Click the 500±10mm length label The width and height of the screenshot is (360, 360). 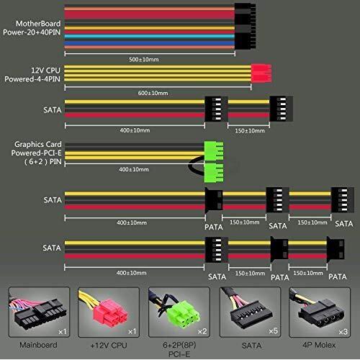144,59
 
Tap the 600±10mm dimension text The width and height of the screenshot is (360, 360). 153,93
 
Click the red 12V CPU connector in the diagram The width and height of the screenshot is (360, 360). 261,73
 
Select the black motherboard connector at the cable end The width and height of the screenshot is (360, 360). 245,26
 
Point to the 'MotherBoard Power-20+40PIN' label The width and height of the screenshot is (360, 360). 32,28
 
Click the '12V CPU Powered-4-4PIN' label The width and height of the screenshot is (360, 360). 32,75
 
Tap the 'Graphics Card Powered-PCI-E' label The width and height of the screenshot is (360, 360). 37,148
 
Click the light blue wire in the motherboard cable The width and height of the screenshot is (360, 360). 149,37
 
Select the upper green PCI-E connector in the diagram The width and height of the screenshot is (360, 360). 214,151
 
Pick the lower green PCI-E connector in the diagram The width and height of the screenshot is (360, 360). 214,173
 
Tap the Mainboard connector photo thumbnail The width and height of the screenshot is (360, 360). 39,312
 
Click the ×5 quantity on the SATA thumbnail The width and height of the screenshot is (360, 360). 273,331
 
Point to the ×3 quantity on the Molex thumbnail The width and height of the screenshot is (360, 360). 343,332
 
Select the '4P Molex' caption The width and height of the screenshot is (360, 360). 319,345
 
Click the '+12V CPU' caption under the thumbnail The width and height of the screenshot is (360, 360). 109,346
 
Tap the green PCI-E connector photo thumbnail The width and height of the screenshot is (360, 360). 179,312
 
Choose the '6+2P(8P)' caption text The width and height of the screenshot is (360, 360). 179,345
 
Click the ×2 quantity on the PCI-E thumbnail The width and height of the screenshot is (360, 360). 202,331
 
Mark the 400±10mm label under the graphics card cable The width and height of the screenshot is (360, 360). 134,169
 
